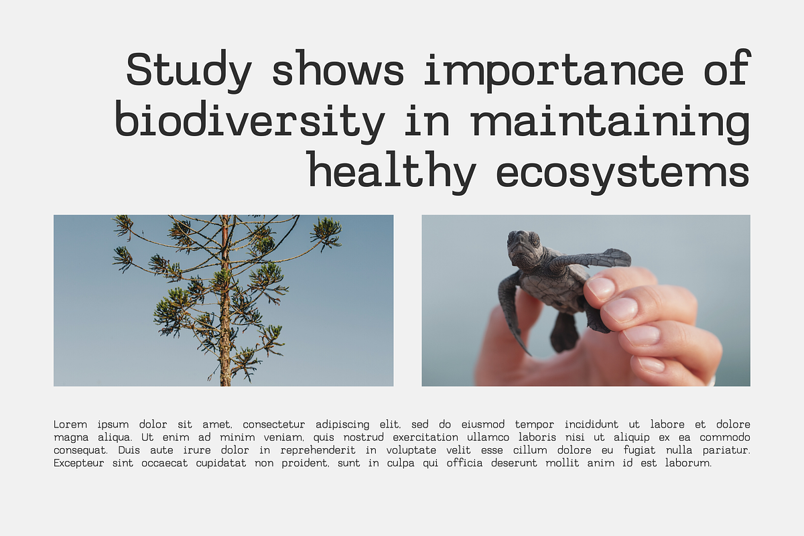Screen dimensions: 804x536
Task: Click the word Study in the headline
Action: coord(189,71)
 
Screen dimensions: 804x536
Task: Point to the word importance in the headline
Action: coord(554,72)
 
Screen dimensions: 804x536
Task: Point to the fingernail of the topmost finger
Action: coord(600,288)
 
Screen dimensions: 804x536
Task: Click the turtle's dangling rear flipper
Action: coord(564,332)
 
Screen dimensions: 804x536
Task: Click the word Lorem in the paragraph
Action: coord(70,424)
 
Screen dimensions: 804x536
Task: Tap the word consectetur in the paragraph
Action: coord(274,424)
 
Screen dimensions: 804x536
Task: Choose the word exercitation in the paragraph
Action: coord(425,438)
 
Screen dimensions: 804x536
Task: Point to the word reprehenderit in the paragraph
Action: coord(318,450)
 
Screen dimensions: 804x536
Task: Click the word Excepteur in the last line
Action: coord(79,463)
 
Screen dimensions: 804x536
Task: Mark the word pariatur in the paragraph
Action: coord(726,450)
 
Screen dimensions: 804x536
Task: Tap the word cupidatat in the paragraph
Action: coord(221,463)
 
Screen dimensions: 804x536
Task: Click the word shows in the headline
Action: coord(338,72)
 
